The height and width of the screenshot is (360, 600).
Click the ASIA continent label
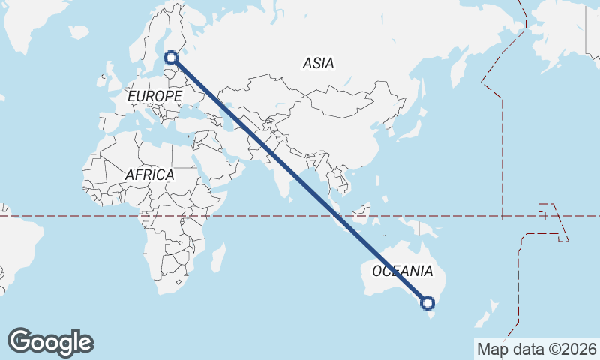[x=319, y=64]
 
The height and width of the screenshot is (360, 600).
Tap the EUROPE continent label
[x=154, y=97]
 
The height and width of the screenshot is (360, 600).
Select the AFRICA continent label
[x=149, y=175]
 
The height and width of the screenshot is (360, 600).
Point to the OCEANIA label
[x=403, y=271]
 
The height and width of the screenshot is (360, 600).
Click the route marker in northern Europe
[x=171, y=57]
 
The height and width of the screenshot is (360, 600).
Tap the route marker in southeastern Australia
[x=427, y=303]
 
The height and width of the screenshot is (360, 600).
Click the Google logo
[x=50, y=342]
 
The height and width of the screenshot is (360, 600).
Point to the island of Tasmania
[x=430, y=319]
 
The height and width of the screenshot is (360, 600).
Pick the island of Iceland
[x=79, y=33]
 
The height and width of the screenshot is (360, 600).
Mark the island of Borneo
[x=367, y=213]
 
